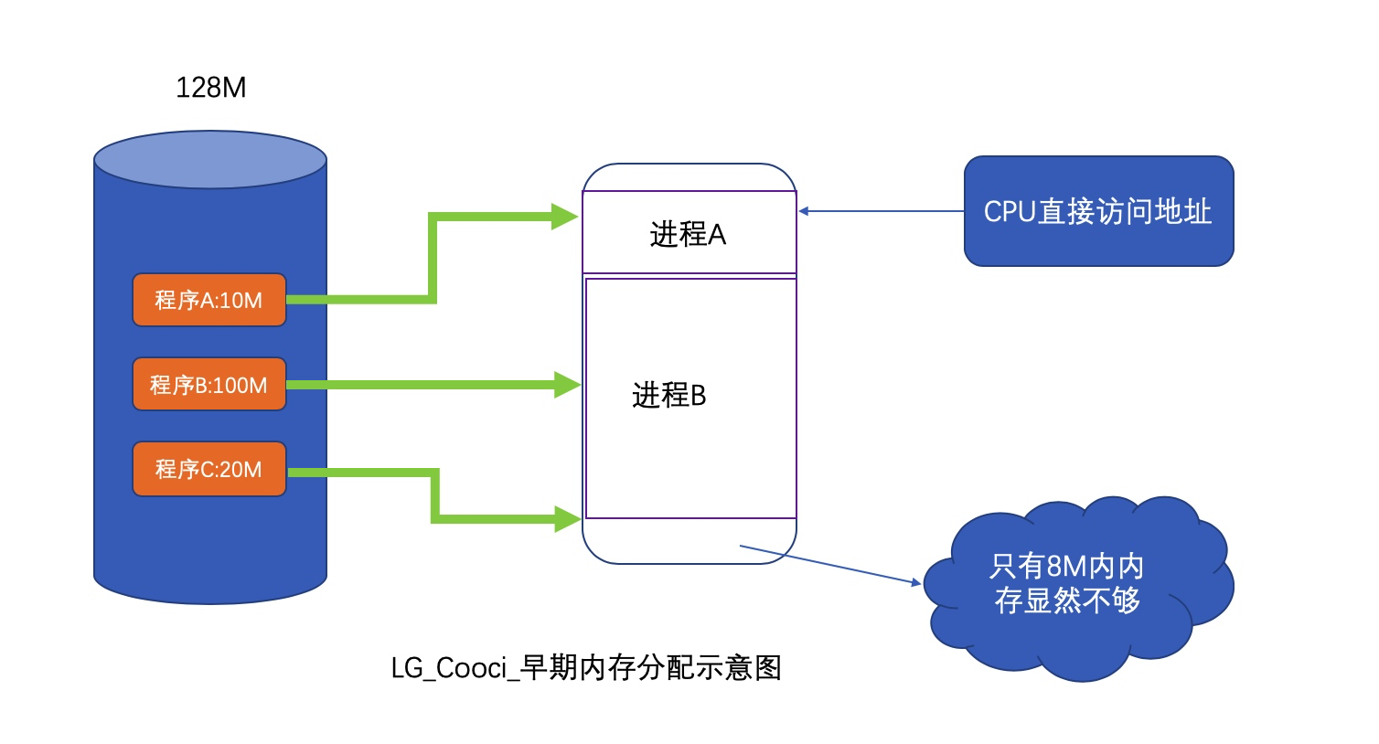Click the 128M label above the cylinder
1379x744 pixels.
pyautogui.click(x=210, y=88)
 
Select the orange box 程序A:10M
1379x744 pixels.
pyautogui.click(x=209, y=300)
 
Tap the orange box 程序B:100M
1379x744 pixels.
pyautogui.click(x=209, y=384)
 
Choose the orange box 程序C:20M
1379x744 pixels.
pyautogui.click(x=209, y=469)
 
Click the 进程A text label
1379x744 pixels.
pyautogui.click(x=688, y=235)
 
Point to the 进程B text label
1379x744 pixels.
pyautogui.click(x=668, y=396)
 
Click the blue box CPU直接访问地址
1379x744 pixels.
pyautogui.click(x=1098, y=211)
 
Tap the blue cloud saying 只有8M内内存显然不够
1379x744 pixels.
pyautogui.click(x=1067, y=585)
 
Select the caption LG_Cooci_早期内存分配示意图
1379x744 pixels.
pyautogui.click(x=586, y=668)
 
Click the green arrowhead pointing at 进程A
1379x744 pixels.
pyautogui.click(x=566, y=217)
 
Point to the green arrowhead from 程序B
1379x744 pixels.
pyautogui.click(x=567, y=384)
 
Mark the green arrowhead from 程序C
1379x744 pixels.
pyautogui.click(x=567, y=519)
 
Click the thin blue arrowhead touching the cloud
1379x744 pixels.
pyautogui.click(x=915, y=582)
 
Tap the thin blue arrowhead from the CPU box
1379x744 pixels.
pyautogui.click(x=804, y=211)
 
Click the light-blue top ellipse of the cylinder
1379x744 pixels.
pyautogui.click(x=210, y=160)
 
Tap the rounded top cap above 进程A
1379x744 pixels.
pyautogui.click(x=689, y=177)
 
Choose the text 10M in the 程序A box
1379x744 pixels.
pyautogui.click(x=241, y=300)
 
